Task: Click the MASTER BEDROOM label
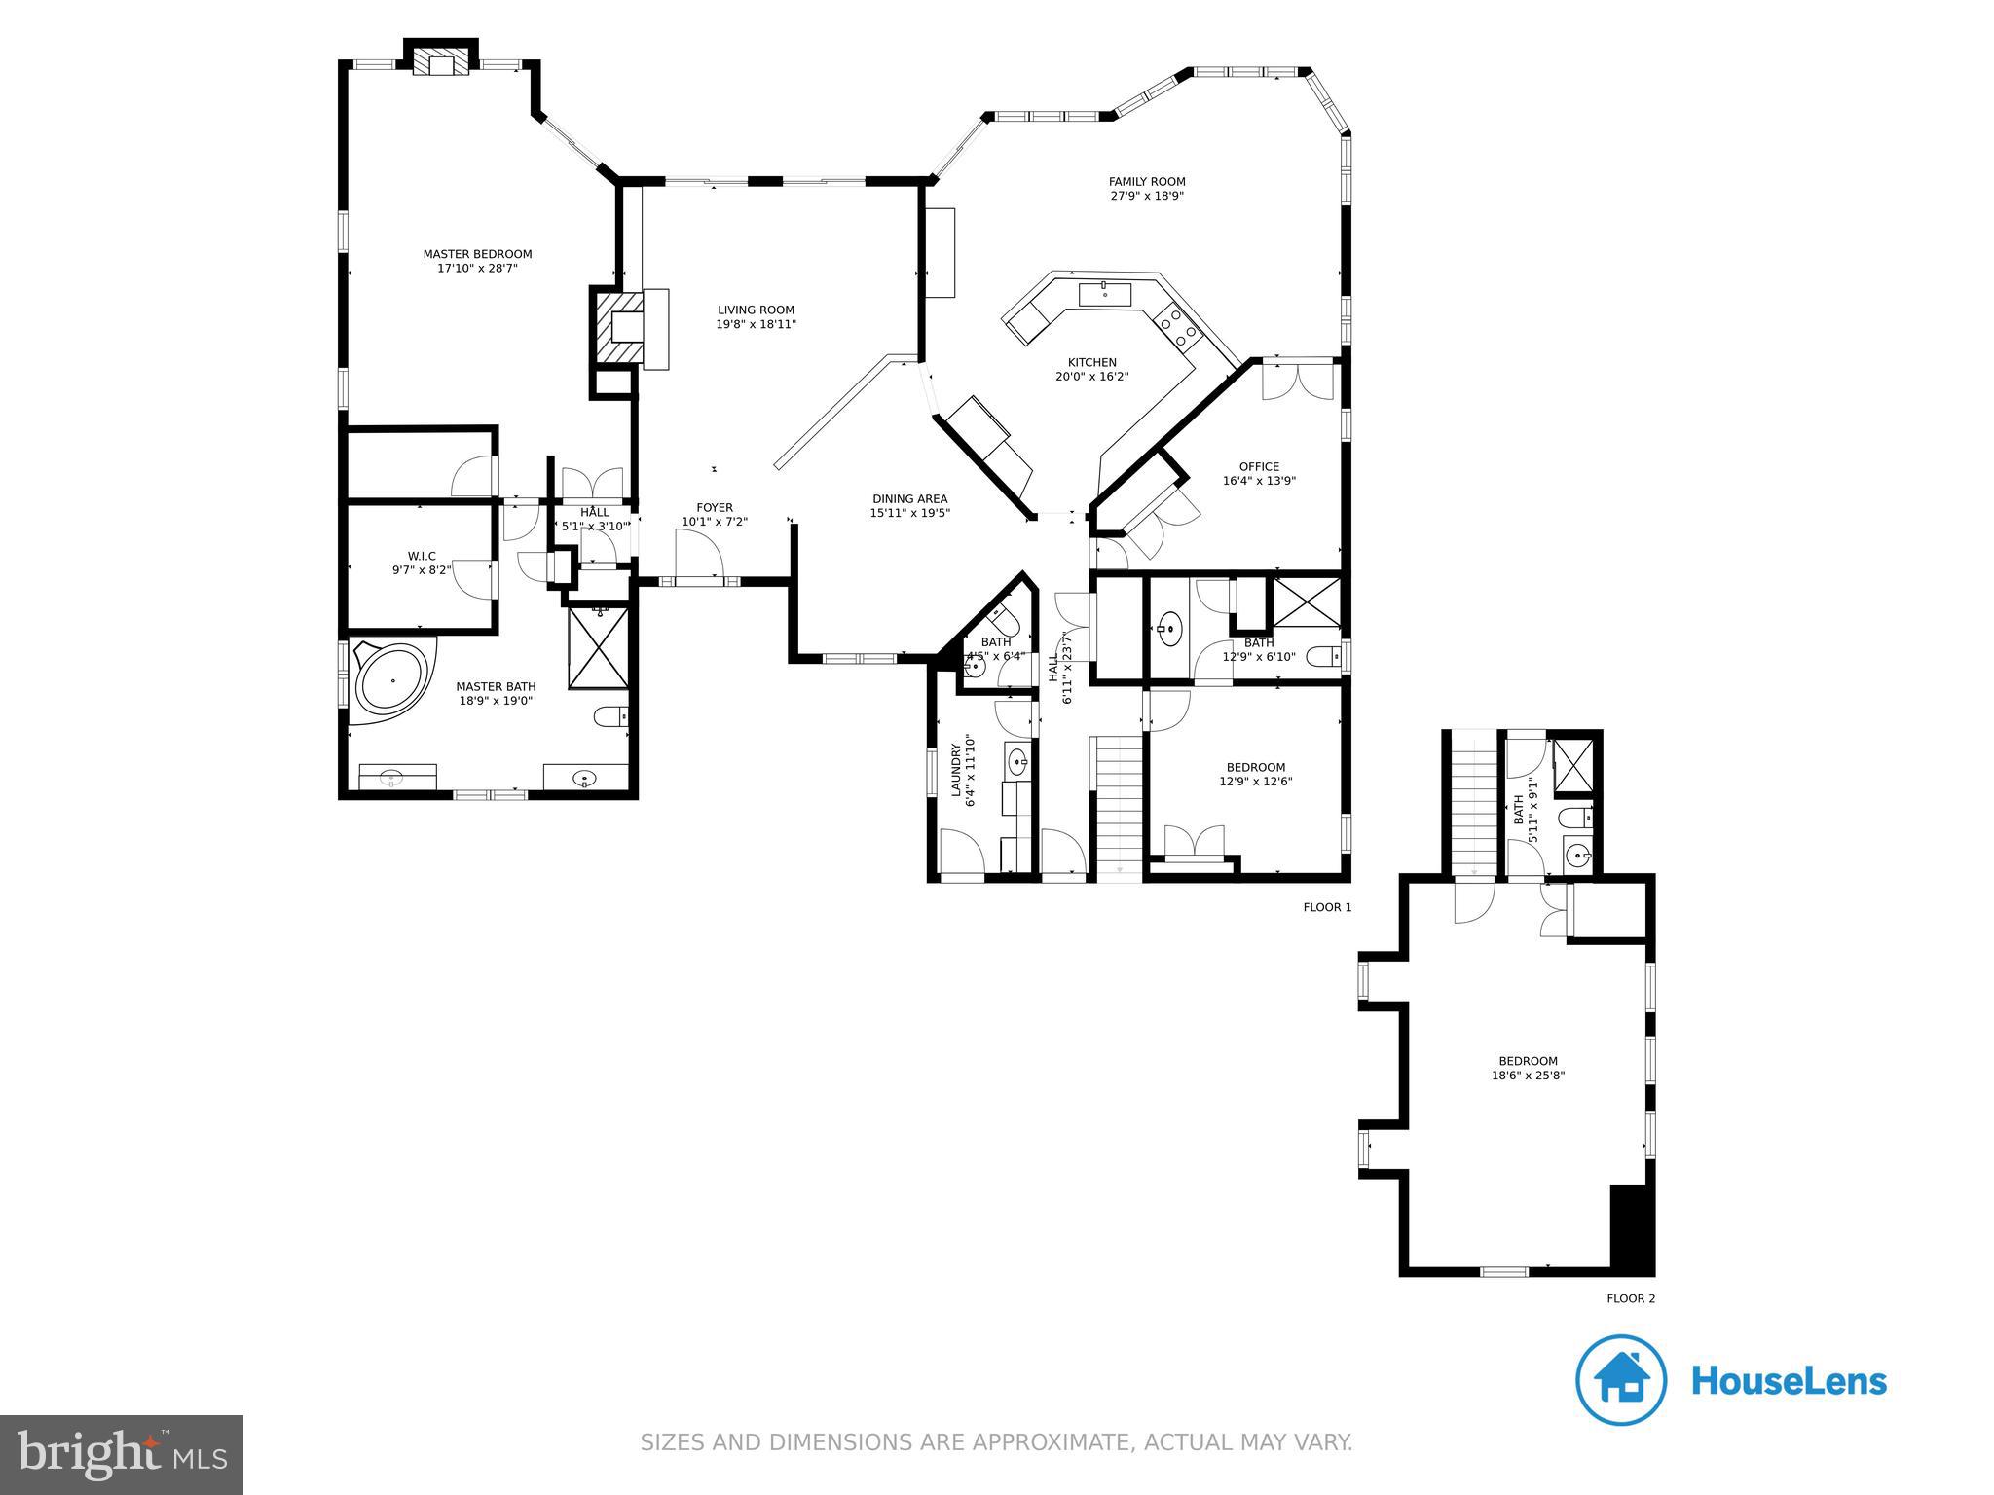(477, 254)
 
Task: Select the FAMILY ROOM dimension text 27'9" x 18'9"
(1147, 196)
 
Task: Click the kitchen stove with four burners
(1177, 325)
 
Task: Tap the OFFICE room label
(1259, 467)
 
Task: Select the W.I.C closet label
(422, 556)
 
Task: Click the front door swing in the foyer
(698, 556)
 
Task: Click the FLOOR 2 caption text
(1631, 1298)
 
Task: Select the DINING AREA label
(909, 499)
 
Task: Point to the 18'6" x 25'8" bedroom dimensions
(1528, 1076)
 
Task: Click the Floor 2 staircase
(1473, 804)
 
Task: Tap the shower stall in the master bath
(598, 645)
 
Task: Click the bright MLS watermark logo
(122, 1454)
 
